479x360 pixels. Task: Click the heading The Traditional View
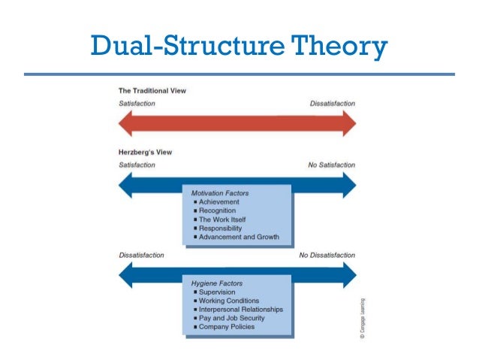coord(152,91)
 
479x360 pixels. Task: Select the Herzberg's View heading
coord(146,152)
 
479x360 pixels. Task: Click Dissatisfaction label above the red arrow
coord(333,103)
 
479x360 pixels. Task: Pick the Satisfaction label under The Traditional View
coord(137,103)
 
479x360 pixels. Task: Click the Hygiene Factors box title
coord(218,283)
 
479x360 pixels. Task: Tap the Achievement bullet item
coord(218,202)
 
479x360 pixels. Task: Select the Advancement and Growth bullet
coord(238,237)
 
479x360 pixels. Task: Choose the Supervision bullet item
coord(217,292)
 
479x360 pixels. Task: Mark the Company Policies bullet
coord(227,327)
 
